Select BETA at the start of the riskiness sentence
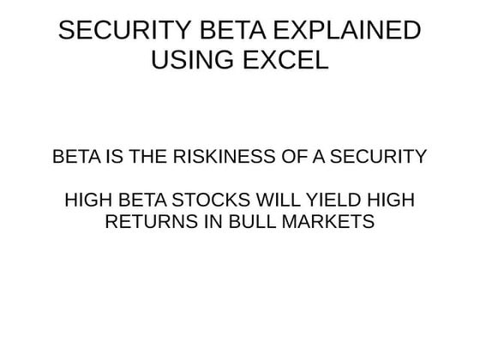point(75,158)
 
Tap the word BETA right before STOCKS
point(141,201)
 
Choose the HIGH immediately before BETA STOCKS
point(89,201)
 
